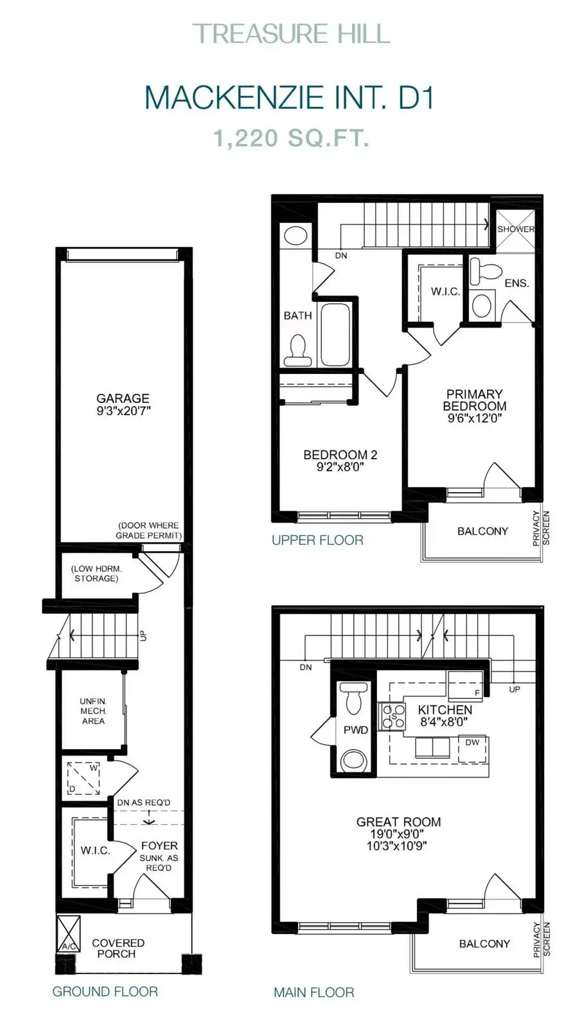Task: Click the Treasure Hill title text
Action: [291, 34]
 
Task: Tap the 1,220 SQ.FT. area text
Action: [291, 138]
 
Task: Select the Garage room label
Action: [123, 398]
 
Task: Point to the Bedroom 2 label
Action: [340, 455]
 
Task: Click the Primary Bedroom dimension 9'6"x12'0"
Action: [475, 418]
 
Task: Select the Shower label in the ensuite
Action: [516, 229]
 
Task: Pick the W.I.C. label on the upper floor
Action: [445, 292]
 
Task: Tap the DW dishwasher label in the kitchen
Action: [472, 742]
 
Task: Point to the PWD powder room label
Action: [356, 730]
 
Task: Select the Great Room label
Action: [398, 822]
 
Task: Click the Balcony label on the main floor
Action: [484, 944]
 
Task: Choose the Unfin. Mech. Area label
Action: [93, 711]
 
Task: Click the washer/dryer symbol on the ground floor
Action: [84, 777]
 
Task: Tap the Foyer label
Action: [159, 846]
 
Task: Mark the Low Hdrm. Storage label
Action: [96, 573]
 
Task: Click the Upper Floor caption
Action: [317, 540]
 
